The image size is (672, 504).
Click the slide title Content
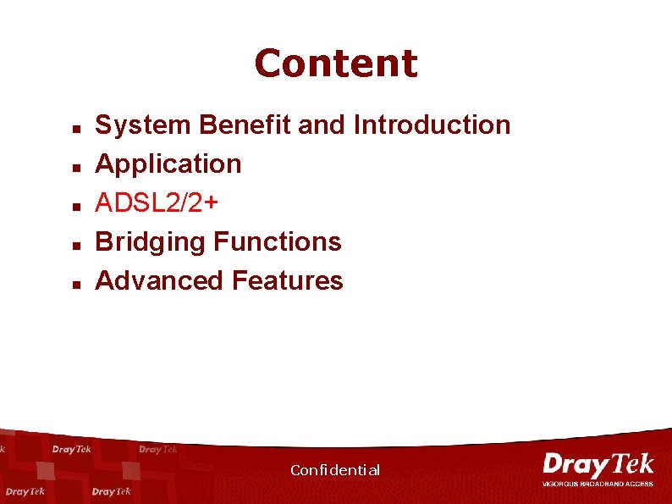(335, 64)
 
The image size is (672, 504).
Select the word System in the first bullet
(144, 125)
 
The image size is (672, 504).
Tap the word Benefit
(246, 125)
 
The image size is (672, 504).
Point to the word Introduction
(432, 125)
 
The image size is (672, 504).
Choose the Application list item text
(168, 163)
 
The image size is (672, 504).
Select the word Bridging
(151, 242)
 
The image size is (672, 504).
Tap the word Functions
(278, 242)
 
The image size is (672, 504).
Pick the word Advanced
(160, 280)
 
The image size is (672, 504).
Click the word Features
(288, 280)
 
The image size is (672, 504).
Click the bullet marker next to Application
(75, 169)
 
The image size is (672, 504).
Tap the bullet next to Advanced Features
(75, 285)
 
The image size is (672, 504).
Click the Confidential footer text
(335, 470)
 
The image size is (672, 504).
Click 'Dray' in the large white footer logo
(572, 465)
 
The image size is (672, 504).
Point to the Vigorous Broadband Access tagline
(598, 484)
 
